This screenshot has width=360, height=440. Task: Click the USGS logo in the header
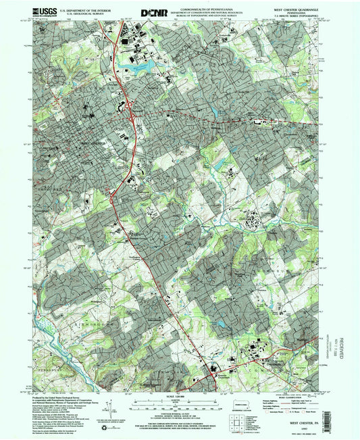pos(29,12)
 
